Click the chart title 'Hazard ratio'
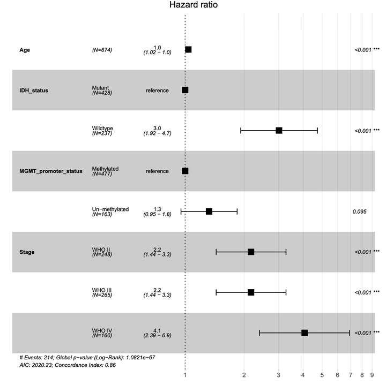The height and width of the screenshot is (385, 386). pos(193,5)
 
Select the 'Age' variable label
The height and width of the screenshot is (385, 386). pos(25,50)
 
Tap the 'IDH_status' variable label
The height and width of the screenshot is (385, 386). pos(34,90)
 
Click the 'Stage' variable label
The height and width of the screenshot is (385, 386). pos(27,252)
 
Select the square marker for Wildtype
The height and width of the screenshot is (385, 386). pos(279,131)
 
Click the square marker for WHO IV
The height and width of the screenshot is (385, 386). pos(305,333)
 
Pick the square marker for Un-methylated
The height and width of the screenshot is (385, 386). pos(209,212)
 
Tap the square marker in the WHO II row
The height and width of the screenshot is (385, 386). pos(251,252)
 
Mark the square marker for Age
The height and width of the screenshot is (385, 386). pos(188,50)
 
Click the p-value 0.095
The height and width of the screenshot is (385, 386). pos(360,212)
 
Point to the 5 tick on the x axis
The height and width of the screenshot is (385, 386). pos(322,375)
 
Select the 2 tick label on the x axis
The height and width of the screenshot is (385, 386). pos(244,375)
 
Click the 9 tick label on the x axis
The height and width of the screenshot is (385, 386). pos(372,375)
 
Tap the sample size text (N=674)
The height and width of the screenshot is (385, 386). pos(102,50)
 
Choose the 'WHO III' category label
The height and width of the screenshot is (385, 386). pos(102,290)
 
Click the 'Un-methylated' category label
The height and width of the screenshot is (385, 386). pos(110,209)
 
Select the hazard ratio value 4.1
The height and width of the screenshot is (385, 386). pos(157,330)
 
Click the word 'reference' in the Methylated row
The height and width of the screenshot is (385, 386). pos(157,171)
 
